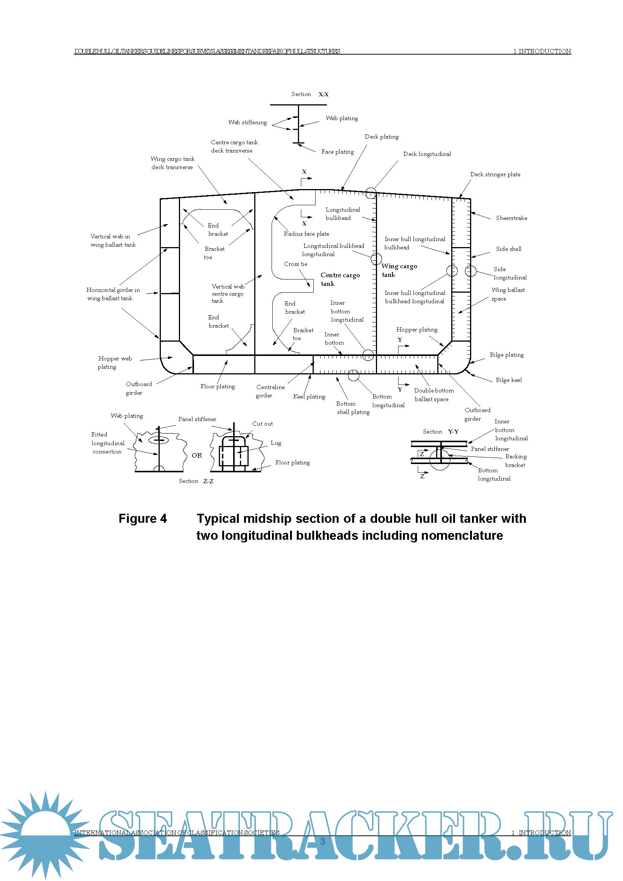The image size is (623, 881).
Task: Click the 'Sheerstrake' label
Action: tap(511, 218)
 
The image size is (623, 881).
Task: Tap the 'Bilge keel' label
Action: tap(508, 380)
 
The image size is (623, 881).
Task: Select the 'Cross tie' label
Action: tap(295, 264)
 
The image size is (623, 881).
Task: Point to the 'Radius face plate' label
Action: tap(306, 234)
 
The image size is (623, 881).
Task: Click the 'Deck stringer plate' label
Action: tap(495, 174)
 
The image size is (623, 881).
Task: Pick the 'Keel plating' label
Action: tap(309, 396)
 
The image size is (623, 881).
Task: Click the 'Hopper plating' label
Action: tap(417, 330)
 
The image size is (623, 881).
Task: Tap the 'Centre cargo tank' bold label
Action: tap(340, 279)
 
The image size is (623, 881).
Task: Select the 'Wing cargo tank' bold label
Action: tap(399, 270)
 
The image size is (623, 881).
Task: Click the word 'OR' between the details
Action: tap(197, 455)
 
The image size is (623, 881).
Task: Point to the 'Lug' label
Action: tap(276, 443)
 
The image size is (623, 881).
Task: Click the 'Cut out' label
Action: tap(263, 424)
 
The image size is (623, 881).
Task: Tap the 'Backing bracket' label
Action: tap(516, 460)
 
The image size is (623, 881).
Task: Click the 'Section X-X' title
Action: tap(310, 94)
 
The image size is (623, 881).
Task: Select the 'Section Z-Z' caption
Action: tap(195, 481)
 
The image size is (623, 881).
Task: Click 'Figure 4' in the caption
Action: tap(143, 518)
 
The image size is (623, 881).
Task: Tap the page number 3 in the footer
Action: tap(322, 841)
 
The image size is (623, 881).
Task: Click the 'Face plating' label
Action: tap(337, 151)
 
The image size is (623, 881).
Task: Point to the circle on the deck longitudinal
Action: tap(371, 193)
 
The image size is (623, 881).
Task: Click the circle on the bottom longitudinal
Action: tap(353, 375)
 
